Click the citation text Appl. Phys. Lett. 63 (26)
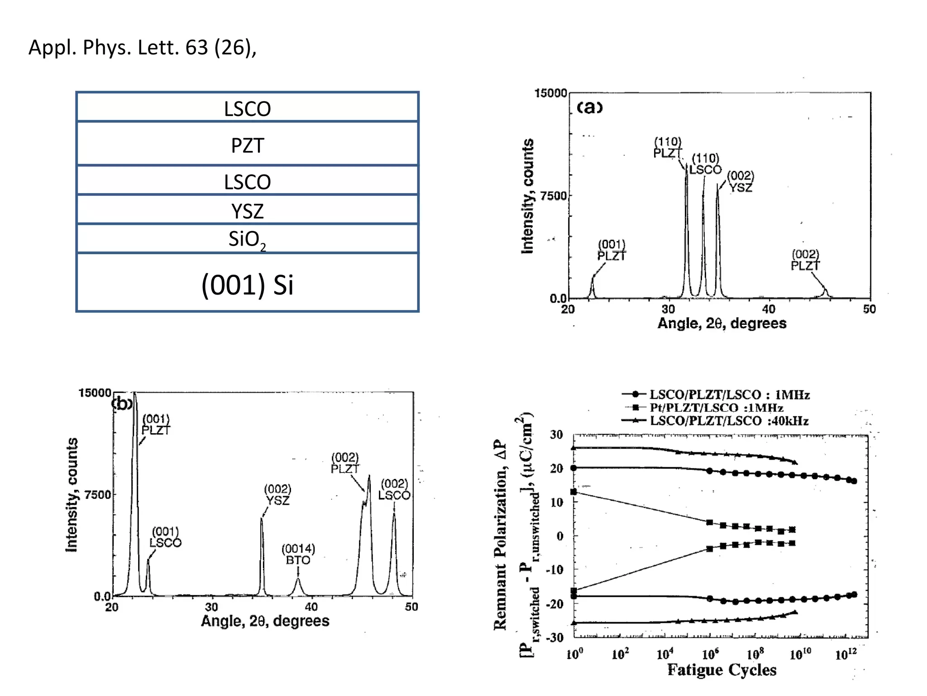coord(142,47)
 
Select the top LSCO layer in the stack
coord(247,108)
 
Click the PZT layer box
coord(247,145)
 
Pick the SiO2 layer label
coord(247,239)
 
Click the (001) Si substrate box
coord(247,284)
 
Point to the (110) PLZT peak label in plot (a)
coord(668,148)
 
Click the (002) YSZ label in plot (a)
coord(741,182)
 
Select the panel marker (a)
coord(589,107)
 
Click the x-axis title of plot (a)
coord(722,323)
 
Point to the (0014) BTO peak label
coord(298,555)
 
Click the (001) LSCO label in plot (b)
coord(165,537)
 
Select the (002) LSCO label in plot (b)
coord(394,490)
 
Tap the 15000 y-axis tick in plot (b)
coord(95,393)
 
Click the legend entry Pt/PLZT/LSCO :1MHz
coord(716,408)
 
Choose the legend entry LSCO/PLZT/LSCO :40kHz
coord(729,421)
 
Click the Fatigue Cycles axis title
coord(722,670)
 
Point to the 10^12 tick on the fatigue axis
coord(846,654)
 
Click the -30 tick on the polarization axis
coord(554,638)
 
